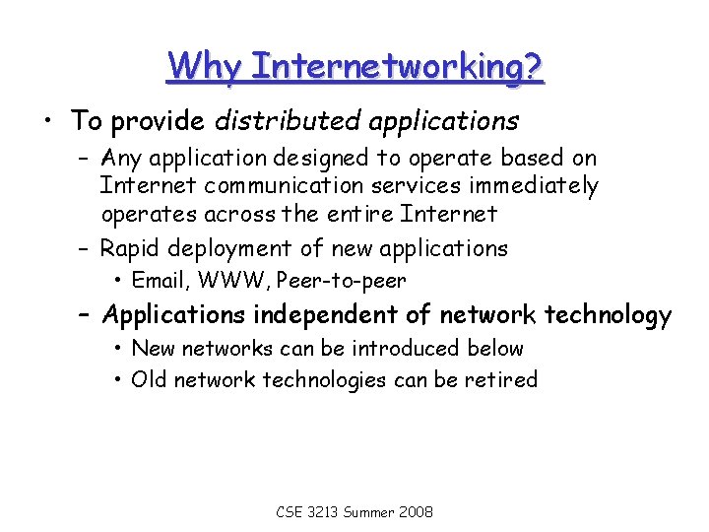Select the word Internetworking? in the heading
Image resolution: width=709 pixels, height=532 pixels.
397,66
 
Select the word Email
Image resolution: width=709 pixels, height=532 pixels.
160,280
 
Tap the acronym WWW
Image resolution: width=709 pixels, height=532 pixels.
232,280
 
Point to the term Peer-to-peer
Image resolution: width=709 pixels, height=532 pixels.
342,280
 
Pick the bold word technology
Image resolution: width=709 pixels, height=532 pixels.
609,315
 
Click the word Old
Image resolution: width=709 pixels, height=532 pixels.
149,379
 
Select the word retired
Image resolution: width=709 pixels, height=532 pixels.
503,379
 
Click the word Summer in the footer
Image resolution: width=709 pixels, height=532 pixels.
370,512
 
